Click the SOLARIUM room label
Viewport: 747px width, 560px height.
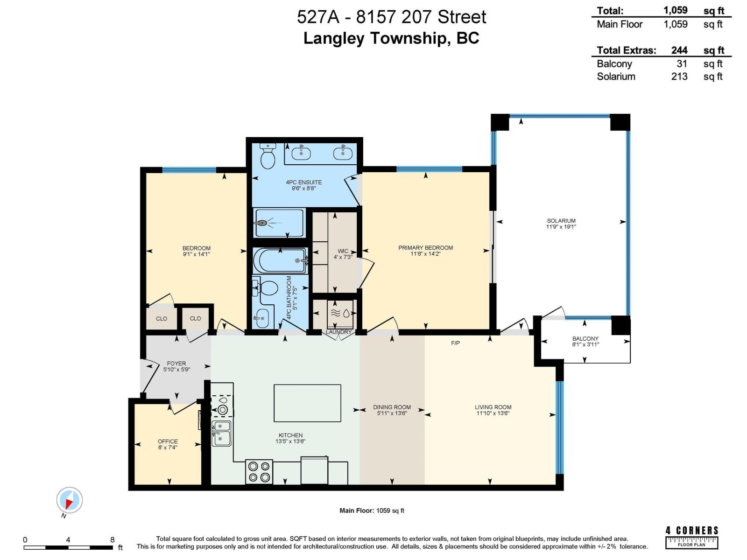(x=561, y=221)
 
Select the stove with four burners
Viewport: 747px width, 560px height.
(x=259, y=471)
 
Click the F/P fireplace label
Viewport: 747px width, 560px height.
(x=455, y=343)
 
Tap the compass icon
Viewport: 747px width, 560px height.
(x=70, y=500)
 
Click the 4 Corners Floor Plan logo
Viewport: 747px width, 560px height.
(x=691, y=537)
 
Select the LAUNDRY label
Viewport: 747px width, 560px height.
(x=338, y=332)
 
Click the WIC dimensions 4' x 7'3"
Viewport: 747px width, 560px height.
(x=343, y=257)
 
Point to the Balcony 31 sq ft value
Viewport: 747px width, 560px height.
(x=682, y=64)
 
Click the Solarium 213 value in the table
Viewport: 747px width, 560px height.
(x=679, y=77)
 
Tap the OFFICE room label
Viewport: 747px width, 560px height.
(x=168, y=441)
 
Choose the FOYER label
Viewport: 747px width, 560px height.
(x=176, y=363)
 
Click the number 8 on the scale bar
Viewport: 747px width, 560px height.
(x=112, y=539)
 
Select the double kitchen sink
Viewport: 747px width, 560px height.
(x=221, y=433)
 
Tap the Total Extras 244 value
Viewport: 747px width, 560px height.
(x=679, y=50)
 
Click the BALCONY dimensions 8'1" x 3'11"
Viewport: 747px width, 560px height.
(x=585, y=344)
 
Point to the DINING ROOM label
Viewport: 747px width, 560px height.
(x=392, y=407)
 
